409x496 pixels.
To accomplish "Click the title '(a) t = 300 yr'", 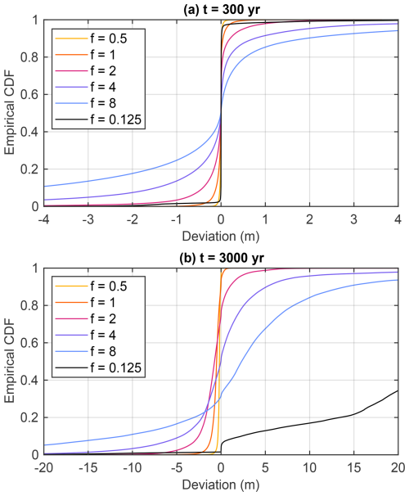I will [x=221, y=7].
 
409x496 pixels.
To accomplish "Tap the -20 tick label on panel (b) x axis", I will [x=43, y=467].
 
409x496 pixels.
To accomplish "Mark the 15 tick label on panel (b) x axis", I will [x=353, y=467].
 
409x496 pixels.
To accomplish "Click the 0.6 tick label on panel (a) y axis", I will [x=27, y=95].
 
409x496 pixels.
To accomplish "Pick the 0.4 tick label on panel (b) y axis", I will [x=27, y=380].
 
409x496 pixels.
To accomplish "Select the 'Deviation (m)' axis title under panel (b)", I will [x=221, y=483].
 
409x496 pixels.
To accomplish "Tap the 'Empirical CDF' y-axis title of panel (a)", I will [x=9, y=113].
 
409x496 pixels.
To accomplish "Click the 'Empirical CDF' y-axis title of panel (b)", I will [x=9, y=361].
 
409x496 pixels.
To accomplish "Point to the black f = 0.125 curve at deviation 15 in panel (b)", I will [x=353, y=414].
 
